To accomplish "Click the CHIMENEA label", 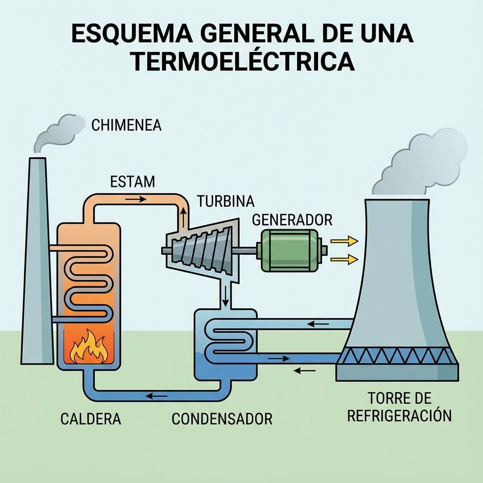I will pos(126,126).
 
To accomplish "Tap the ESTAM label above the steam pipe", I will pos(132,182).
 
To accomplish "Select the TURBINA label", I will pos(225,201).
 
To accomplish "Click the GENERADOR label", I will pos(292,220).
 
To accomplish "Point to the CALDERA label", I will pos(91,419).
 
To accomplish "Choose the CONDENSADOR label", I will pos(222,419).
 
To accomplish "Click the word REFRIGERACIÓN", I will pos(399,416).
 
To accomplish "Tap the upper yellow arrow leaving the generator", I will pos(344,241).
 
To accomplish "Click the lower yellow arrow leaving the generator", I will pos(344,258).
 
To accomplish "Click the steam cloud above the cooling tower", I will pos(420,163).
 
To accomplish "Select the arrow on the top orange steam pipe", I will pos(135,199).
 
